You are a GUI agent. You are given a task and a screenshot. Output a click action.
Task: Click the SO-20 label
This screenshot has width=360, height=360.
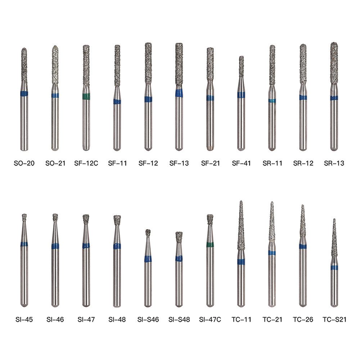[x=24, y=163]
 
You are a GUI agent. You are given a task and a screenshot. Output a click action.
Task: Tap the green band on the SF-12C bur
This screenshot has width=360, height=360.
[x=86, y=96]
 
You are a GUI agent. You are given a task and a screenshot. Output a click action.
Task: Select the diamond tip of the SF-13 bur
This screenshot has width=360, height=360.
[x=179, y=65]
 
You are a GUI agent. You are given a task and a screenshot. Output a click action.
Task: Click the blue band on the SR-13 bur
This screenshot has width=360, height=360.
[x=334, y=98]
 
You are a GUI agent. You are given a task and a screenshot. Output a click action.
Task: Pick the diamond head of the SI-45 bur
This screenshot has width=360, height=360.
[x=24, y=217]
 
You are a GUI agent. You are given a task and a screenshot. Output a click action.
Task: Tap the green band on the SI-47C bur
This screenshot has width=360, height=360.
[x=210, y=245]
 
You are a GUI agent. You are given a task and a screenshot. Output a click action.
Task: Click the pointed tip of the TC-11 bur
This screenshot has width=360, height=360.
[x=241, y=202]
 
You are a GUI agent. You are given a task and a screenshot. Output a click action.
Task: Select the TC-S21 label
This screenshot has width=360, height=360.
[x=334, y=319]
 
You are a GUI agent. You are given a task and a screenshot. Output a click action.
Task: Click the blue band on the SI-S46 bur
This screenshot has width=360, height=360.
[x=148, y=258]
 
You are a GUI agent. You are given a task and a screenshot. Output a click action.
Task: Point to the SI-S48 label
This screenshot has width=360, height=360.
[x=179, y=319]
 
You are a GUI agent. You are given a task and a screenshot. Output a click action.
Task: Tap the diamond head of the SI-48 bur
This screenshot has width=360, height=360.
[x=117, y=220]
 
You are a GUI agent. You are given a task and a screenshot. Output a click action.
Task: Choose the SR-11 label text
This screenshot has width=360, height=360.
[x=272, y=163]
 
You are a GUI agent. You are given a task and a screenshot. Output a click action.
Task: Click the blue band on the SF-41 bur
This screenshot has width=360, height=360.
[x=241, y=95]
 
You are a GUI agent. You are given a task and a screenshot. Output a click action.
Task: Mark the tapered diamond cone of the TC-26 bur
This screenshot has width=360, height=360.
[x=303, y=221]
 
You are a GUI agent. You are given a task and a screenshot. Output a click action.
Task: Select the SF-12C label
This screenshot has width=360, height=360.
[x=86, y=163]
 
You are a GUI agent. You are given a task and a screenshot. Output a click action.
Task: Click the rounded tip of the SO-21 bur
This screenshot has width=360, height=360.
[x=55, y=48]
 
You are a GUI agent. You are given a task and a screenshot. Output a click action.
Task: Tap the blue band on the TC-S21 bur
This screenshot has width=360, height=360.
[x=334, y=267]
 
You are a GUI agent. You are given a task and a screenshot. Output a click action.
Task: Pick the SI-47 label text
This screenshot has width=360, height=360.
[x=86, y=319]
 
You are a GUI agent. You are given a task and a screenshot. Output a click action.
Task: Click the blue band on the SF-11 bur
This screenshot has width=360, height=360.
[x=117, y=102]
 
